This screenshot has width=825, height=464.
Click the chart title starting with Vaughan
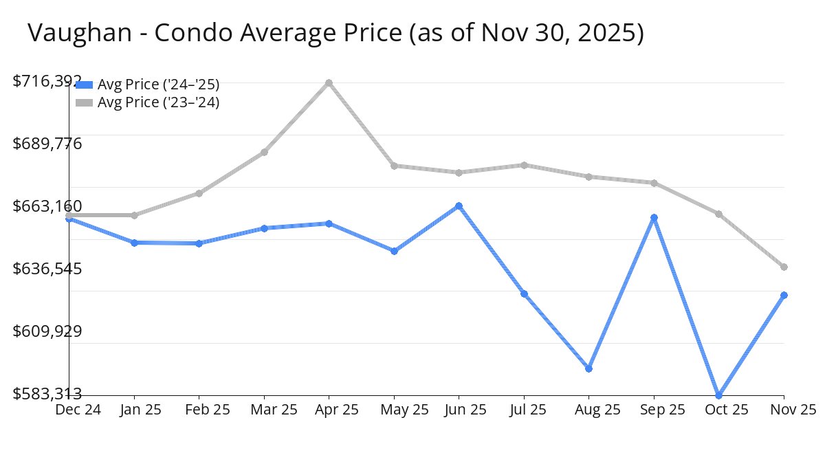pos(335,32)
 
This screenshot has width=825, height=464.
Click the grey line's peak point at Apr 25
pos(329,82)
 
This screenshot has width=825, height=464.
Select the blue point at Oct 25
pos(719,395)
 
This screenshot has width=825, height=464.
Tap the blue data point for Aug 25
pos(589,368)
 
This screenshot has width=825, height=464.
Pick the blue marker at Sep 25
pos(654,217)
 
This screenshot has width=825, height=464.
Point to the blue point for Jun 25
pos(459,206)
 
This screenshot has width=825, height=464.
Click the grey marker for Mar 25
pos(264,152)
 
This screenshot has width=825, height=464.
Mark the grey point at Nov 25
pos(784,267)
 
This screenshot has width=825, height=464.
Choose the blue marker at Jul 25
pos(524,294)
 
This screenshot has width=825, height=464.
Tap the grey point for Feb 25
pos(199,193)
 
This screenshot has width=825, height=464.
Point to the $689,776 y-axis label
pos(47,144)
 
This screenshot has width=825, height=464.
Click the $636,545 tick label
pos(47,268)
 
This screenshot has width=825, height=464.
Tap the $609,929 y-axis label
pos(47,331)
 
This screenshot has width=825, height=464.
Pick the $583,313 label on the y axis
pos(47,394)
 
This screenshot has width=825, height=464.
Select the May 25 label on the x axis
pos(404,410)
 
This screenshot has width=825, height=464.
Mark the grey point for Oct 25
pos(719,214)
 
